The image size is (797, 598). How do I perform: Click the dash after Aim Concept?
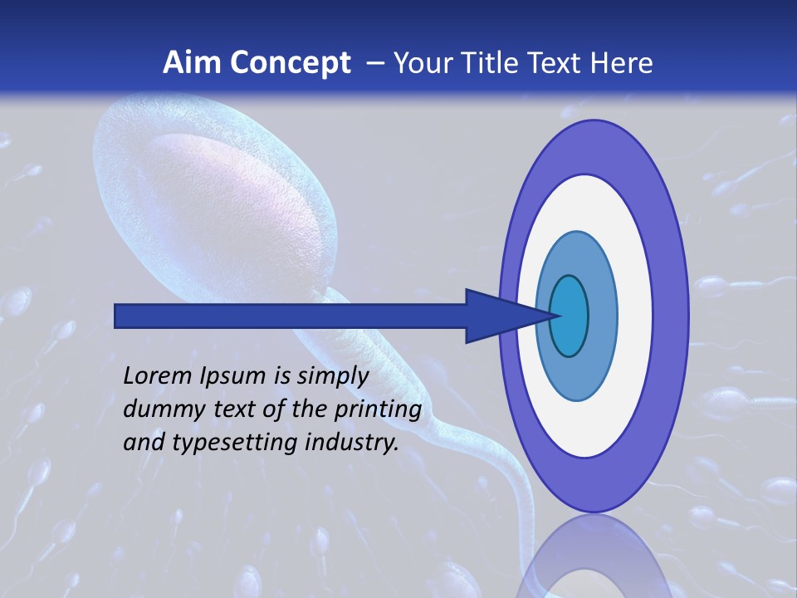tap(374, 64)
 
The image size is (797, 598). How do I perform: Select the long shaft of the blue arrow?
tap(291, 316)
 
